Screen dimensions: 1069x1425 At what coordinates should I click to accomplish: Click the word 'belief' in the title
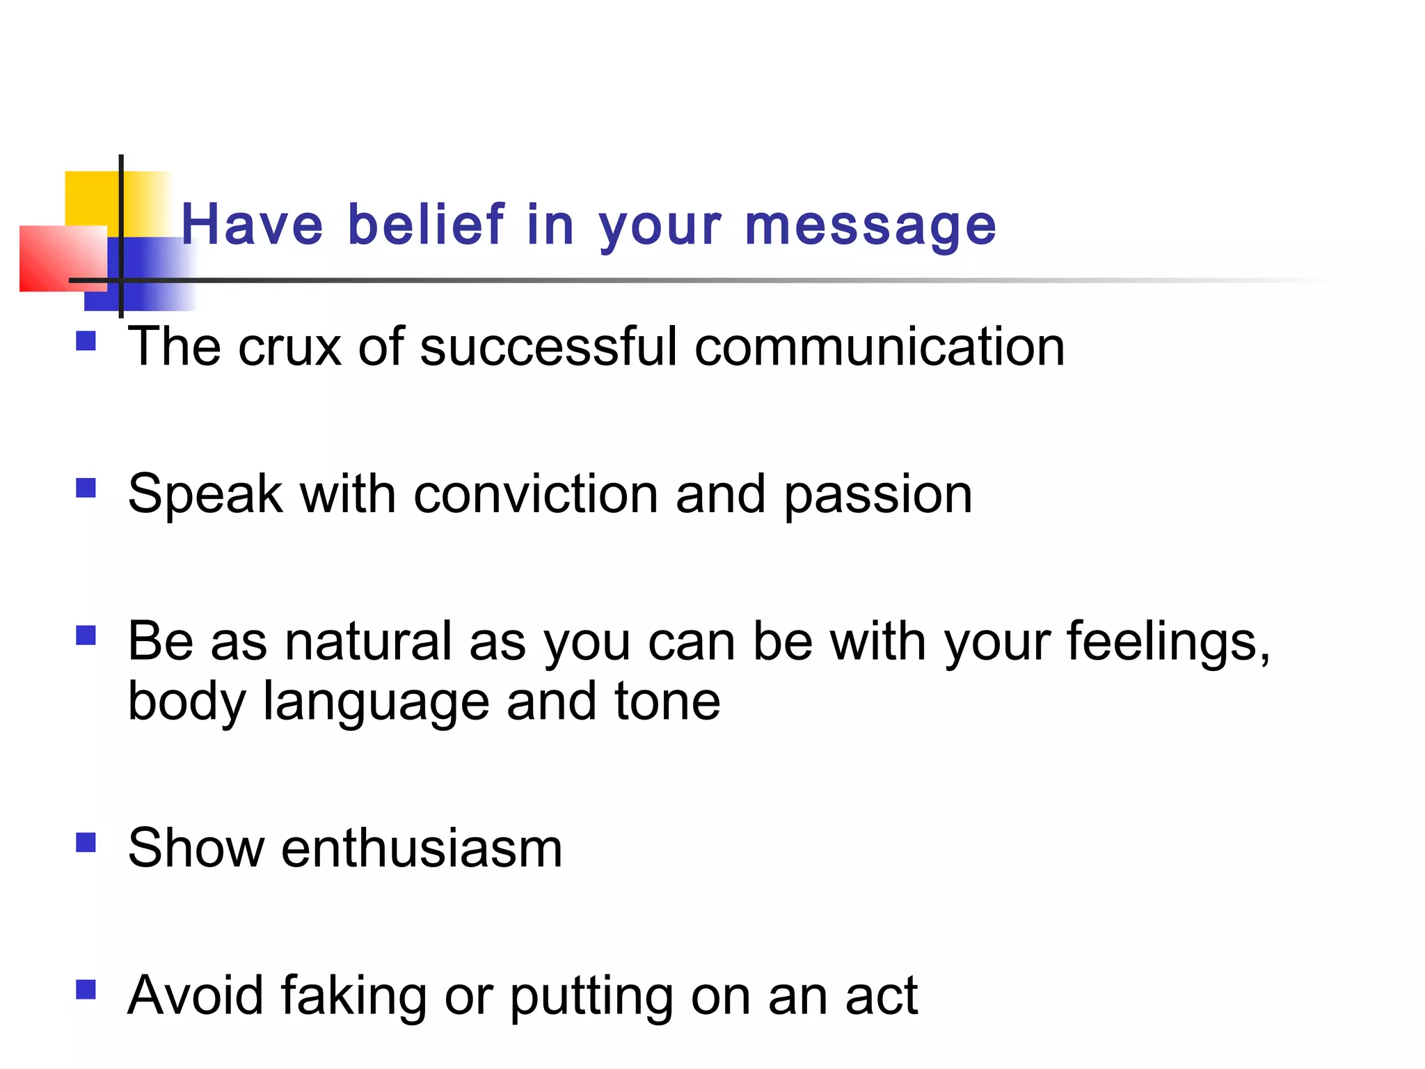coord(426,224)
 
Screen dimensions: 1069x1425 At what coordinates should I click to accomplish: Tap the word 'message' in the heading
coord(870,227)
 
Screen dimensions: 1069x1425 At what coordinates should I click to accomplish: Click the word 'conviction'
coord(536,494)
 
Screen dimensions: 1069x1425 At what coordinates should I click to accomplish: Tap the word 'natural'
coord(368,641)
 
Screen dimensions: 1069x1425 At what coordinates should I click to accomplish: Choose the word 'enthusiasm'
coord(422,848)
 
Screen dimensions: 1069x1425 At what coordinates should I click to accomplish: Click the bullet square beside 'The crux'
coord(86,341)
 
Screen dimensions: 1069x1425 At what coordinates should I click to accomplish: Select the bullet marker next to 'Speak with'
coord(86,488)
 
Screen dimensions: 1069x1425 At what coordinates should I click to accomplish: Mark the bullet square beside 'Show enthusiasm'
coord(86,843)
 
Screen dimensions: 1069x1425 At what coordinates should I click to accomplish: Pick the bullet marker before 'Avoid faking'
coord(86,990)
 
